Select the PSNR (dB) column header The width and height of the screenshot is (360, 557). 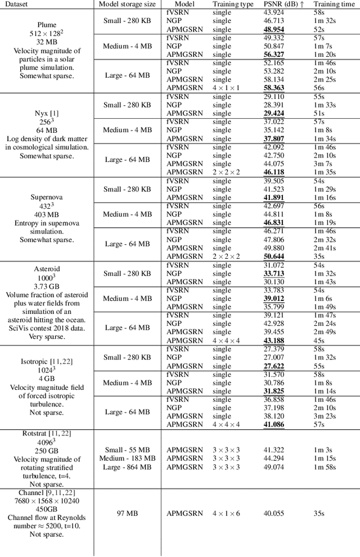[284, 4]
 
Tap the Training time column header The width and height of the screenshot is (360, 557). [333, 4]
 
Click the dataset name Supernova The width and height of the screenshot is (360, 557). [46, 197]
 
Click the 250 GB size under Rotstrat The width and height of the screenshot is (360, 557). [46, 451]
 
